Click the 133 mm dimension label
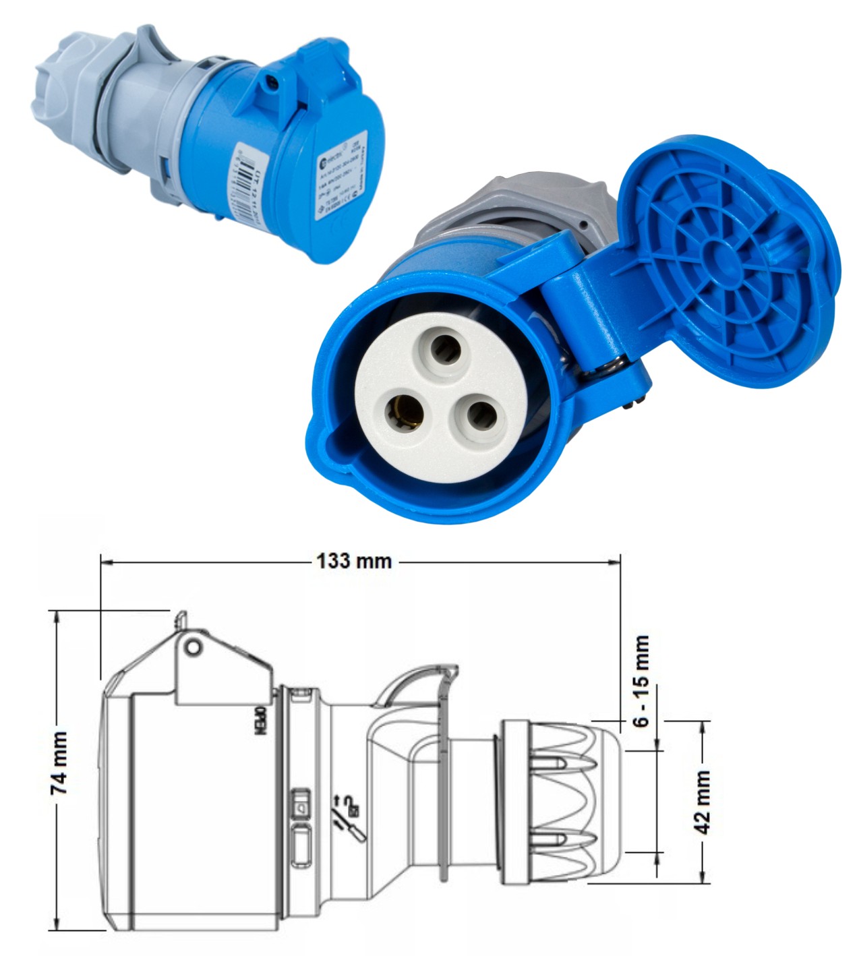click(354, 561)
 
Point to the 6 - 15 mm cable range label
click(641, 681)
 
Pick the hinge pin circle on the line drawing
click(194, 647)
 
